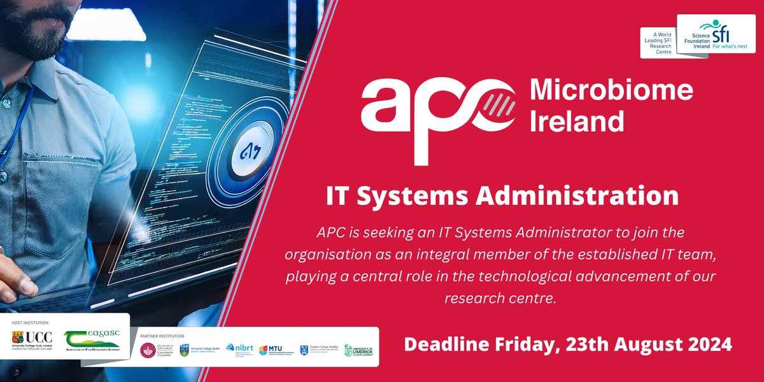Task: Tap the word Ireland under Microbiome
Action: coord(577,121)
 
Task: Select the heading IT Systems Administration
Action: coord(502,196)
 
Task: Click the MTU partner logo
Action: coord(275,350)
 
